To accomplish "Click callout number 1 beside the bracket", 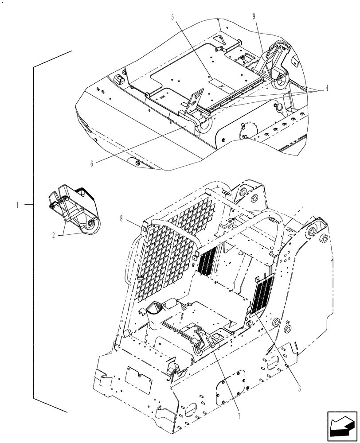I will pos(17,205).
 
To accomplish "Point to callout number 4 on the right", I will pos(327,88).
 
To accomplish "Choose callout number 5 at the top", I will pos(172,18).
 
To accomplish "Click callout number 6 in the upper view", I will pos(92,163).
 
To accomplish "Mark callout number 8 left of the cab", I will pos(121,218).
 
